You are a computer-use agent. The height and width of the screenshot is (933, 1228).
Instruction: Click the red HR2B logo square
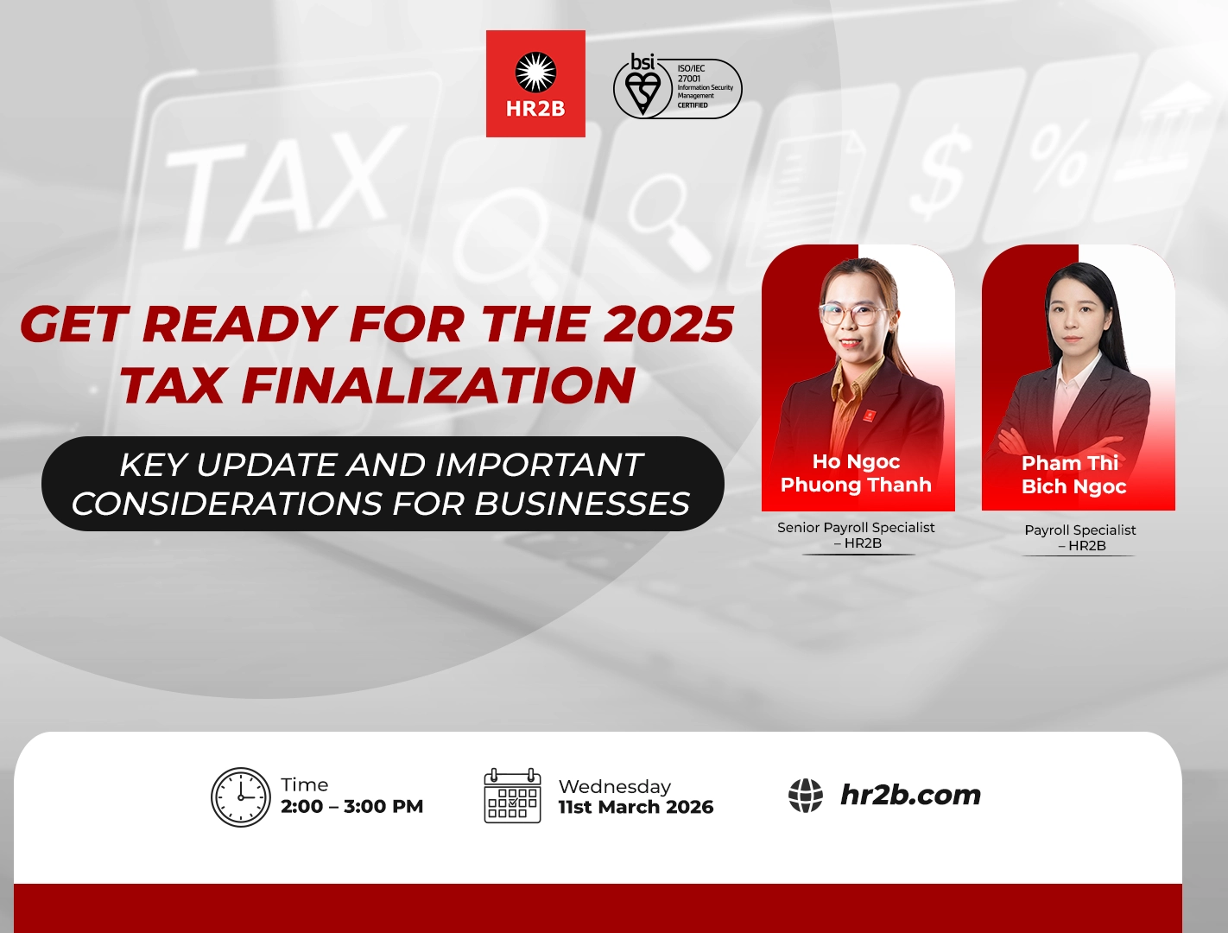535,84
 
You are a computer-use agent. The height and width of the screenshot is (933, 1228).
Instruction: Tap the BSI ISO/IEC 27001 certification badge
677,86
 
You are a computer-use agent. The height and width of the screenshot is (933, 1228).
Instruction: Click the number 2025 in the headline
668,325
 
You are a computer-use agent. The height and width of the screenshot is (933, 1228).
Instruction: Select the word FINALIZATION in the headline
439,385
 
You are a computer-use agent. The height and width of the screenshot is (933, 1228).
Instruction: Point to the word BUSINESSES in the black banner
582,504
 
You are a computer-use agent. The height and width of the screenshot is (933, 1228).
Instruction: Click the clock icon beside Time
241,797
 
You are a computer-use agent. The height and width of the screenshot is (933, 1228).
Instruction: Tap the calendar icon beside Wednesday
512,796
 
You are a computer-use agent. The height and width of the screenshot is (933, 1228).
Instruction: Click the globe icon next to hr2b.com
806,796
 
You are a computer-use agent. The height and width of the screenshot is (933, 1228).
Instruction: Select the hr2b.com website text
910,795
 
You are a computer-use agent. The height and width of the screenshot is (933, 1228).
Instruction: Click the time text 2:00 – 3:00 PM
351,807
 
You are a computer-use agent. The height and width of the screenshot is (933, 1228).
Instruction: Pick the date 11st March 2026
636,808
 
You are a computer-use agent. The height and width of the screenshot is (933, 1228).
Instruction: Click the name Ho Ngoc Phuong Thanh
856,473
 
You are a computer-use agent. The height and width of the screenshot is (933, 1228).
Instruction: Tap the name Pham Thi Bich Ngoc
1073,475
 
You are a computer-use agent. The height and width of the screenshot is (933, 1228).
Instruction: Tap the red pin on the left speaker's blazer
869,416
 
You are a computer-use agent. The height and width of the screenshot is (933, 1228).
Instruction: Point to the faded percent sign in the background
1058,155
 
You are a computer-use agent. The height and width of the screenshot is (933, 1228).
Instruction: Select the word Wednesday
614,787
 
